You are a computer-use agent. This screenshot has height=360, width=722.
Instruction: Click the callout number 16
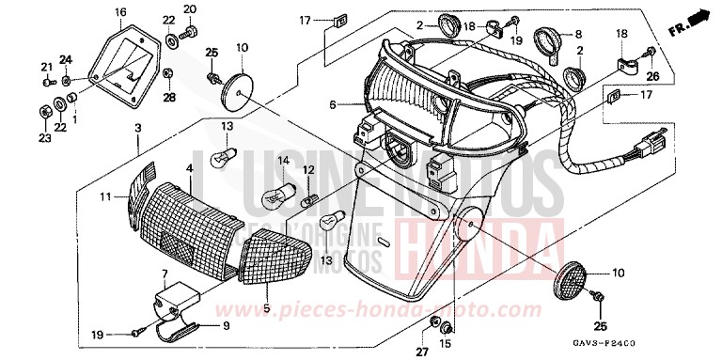coord(120,12)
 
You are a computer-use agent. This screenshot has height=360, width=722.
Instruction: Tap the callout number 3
coord(138,127)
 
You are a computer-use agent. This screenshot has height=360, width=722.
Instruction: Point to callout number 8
coord(578,32)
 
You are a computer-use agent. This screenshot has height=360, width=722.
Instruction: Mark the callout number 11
coord(106,196)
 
